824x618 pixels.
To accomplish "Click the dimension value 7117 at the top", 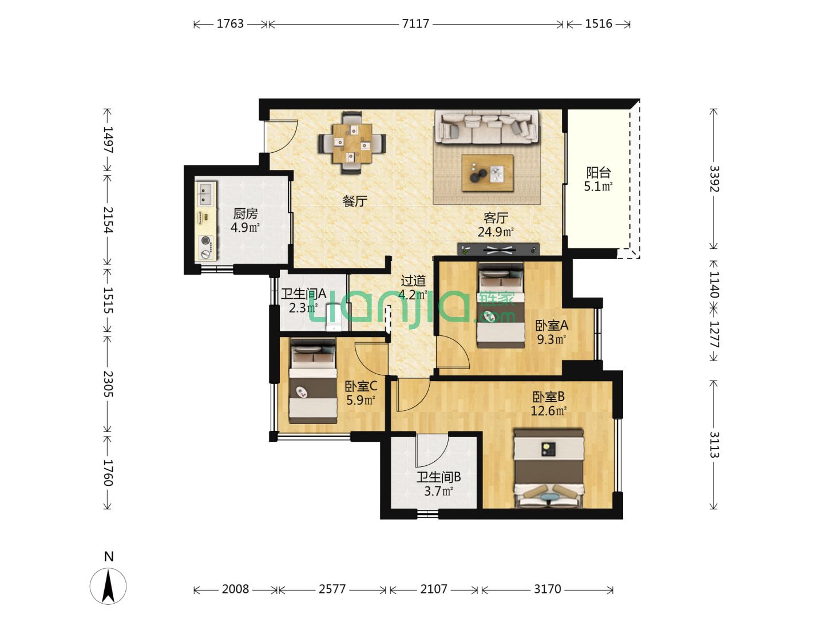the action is click(415, 23).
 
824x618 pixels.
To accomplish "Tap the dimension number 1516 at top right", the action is click(599, 23).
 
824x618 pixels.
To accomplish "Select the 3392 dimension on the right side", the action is click(714, 179).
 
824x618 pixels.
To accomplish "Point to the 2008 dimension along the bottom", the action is click(235, 589).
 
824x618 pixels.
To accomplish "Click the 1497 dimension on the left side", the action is click(108, 140).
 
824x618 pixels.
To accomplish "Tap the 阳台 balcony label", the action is click(599, 173).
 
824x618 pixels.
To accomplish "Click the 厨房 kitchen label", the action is click(245, 213).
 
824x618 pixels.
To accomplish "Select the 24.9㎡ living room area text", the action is click(496, 232).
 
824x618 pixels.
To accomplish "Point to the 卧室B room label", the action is click(548, 397).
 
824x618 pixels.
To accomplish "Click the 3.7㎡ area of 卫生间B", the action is click(438, 491).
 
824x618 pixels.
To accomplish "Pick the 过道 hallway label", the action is click(413, 280).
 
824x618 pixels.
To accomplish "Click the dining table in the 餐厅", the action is click(352, 143).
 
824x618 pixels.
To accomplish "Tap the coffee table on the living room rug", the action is click(488, 173).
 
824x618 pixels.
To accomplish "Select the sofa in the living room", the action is click(487, 127).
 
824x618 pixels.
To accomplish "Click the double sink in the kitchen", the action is click(205, 194).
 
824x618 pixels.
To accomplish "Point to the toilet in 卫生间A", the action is click(334, 318).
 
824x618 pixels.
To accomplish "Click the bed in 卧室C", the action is click(312, 381).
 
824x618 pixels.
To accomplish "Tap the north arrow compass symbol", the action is click(108, 586).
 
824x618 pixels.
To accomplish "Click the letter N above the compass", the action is click(109, 556).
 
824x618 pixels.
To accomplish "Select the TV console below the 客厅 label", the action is click(498, 249).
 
